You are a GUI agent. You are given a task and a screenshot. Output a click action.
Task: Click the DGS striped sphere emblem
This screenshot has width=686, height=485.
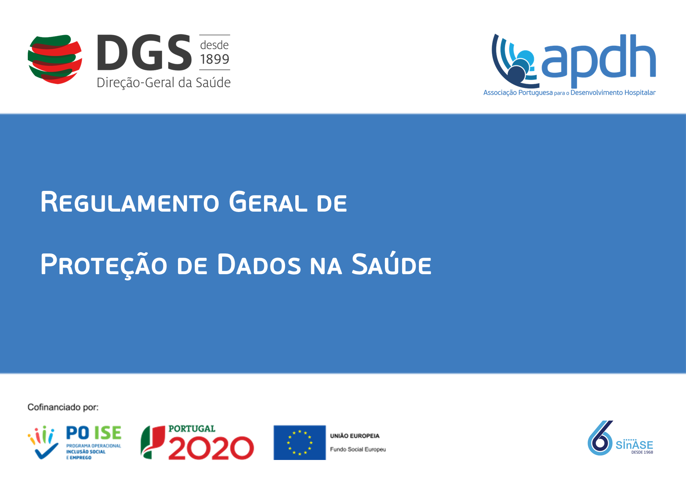(x=55, y=59)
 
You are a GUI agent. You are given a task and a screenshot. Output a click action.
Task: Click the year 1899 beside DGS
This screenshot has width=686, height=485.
(x=215, y=59)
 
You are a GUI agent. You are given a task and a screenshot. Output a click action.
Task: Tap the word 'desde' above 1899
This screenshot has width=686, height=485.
(x=214, y=45)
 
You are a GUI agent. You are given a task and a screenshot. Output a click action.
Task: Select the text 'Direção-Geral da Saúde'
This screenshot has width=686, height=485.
(x=163, y=83)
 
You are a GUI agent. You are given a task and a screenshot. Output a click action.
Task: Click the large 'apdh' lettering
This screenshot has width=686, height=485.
(x=598, y=61)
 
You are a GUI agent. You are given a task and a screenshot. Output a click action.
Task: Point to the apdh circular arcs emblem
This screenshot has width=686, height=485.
(x=514, y=61)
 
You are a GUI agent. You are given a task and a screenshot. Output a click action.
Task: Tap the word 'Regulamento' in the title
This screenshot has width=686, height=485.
(x=130, y=202)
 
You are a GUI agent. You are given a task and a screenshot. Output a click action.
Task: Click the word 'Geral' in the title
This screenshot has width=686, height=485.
(x=268, y=202)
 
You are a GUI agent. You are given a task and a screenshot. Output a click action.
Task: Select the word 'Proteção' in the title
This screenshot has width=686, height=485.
(x=104, y=265)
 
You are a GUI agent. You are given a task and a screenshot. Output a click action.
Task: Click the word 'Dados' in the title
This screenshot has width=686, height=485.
(x=259, y=264)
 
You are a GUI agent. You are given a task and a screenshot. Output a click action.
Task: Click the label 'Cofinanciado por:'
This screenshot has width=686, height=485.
(x=63, y=407)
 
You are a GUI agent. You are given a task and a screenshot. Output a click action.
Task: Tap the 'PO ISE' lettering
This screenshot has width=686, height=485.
(x=94, y=433)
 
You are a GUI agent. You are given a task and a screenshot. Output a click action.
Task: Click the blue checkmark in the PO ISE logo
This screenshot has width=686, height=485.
(x=46, y=451)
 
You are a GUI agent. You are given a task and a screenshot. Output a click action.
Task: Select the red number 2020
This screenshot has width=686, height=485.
(x=211, y=448)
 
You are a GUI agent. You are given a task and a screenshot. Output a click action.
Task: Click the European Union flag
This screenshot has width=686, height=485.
(x=300, y=442)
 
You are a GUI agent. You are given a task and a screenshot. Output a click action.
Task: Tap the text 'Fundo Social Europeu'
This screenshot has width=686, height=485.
(x=358, y=449)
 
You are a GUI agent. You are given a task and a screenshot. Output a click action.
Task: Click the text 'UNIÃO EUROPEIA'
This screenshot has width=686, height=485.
(x=355, y=436)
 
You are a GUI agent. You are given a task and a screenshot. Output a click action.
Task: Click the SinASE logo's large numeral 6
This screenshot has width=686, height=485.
(x=600, y=438)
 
